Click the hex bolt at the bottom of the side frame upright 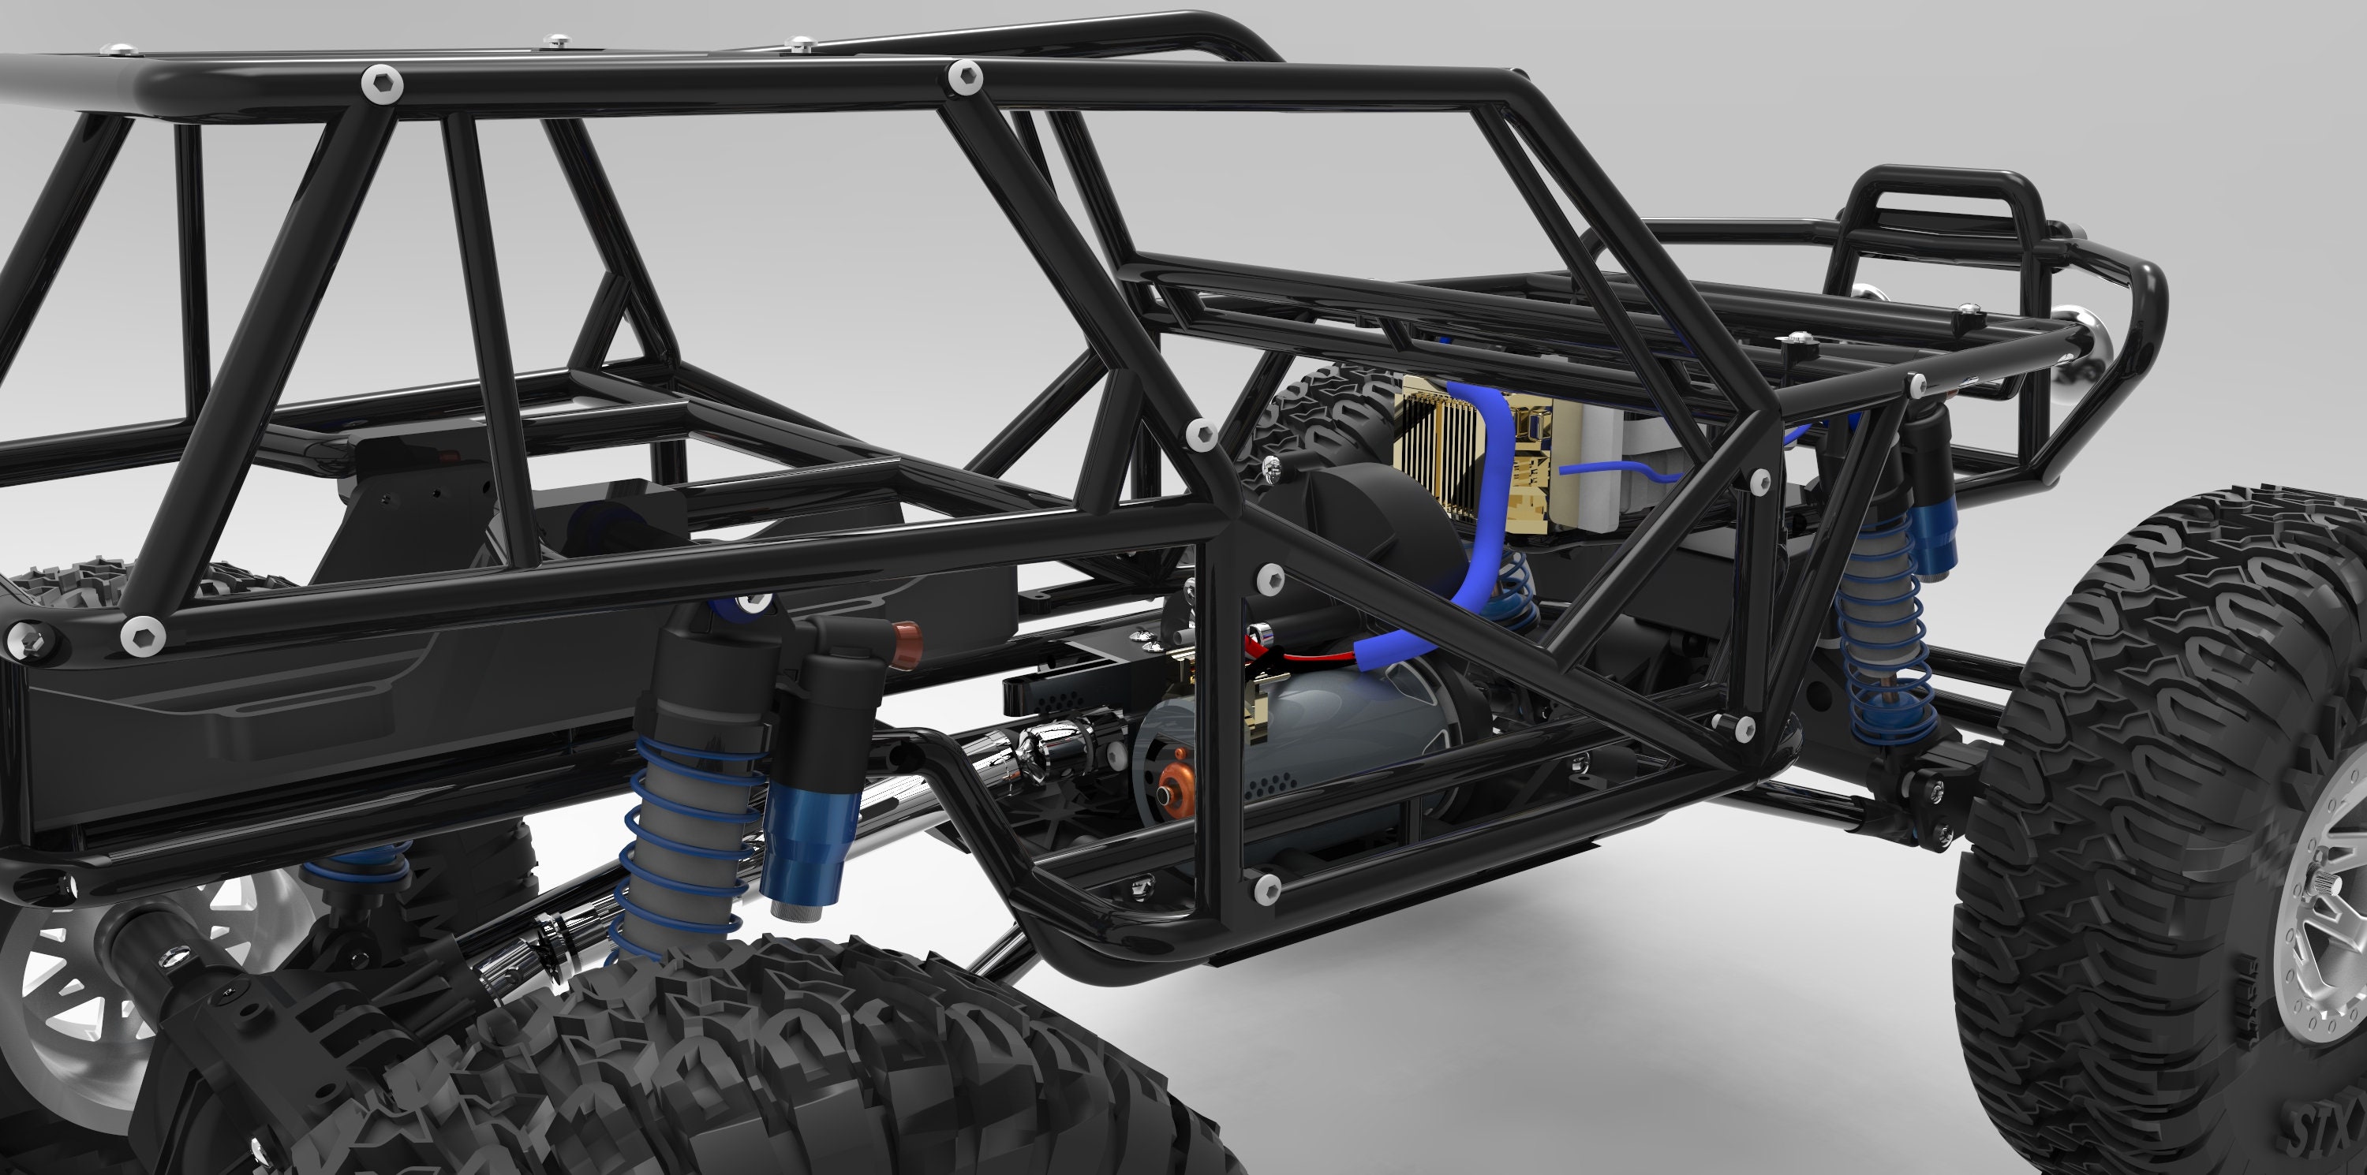[1267, 890]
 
